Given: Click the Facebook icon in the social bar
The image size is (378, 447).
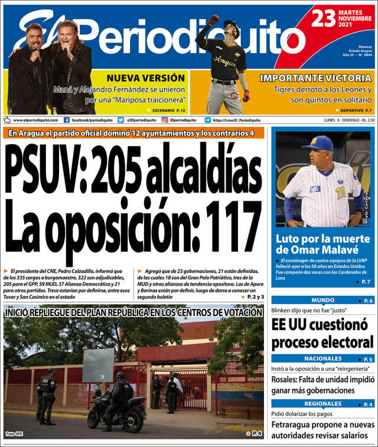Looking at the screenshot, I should (x=67, y=120).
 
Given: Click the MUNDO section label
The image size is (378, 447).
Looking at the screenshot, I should (x=322, y=301).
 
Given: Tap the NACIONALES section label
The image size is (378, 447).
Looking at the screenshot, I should (x=322, y=359).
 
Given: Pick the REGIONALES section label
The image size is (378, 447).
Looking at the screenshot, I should (x=322, y=404).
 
